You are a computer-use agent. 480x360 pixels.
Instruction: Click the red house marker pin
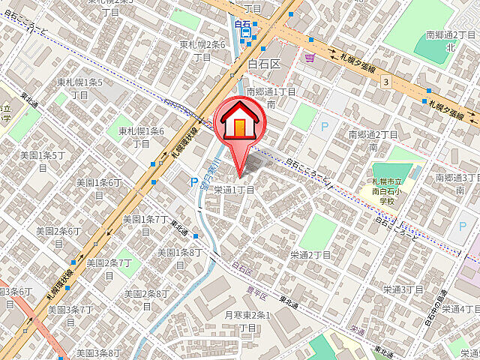point(239,124)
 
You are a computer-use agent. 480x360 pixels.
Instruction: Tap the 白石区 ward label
point(263,64)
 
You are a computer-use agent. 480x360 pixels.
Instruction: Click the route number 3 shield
point(385,81)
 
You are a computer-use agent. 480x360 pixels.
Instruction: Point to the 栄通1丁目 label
point(235,190)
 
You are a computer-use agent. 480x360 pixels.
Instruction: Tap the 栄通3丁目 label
point(404,289)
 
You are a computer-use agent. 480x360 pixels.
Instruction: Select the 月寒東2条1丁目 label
point(247,322)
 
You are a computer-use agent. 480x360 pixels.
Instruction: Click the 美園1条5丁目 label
point(42,161)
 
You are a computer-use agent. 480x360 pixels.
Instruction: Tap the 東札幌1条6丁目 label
point(141,137)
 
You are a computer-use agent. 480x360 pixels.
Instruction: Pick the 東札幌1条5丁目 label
point(80,88)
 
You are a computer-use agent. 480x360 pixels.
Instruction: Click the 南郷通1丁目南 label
point(271,97)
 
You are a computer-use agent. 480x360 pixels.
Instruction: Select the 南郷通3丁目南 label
point(457,184)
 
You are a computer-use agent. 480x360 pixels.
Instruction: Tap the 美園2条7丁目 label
point(109,269)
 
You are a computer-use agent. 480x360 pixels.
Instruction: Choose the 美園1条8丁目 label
point(178,259)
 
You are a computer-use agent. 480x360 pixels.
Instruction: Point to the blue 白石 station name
point(241,24)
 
